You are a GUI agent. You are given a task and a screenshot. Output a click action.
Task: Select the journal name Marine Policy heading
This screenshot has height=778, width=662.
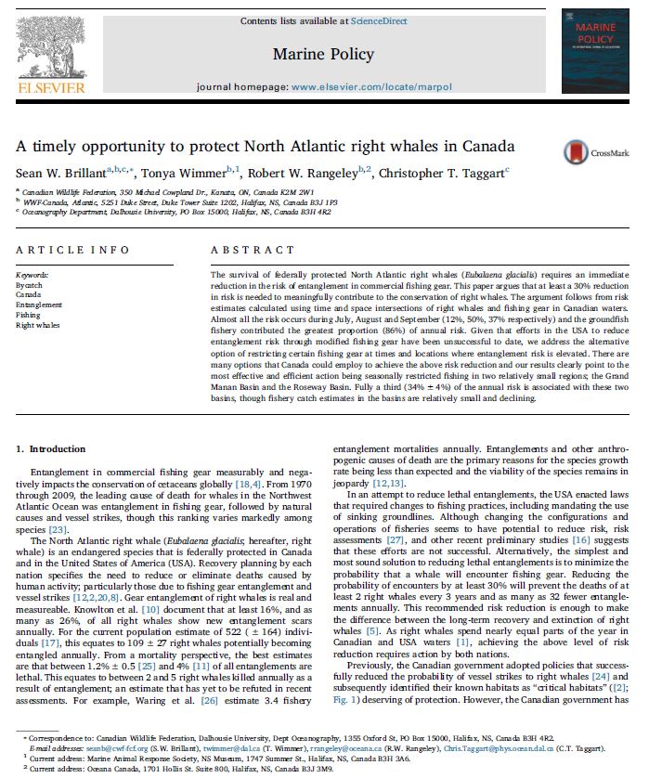323,54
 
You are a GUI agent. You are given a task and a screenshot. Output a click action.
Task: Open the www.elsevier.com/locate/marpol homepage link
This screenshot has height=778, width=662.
371,86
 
